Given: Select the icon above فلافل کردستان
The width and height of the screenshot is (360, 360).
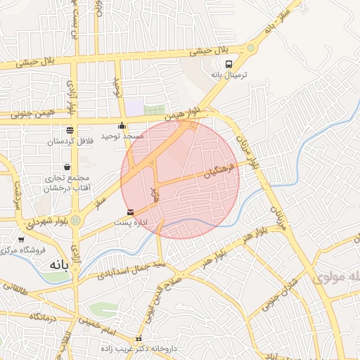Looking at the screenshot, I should coord(70,131).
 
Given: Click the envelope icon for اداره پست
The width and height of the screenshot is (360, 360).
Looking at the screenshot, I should coord(129,212).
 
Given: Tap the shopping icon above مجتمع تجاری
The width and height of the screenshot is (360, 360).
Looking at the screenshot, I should coord(67,168).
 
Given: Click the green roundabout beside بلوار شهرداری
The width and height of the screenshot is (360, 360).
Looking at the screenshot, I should coord(75,221).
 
